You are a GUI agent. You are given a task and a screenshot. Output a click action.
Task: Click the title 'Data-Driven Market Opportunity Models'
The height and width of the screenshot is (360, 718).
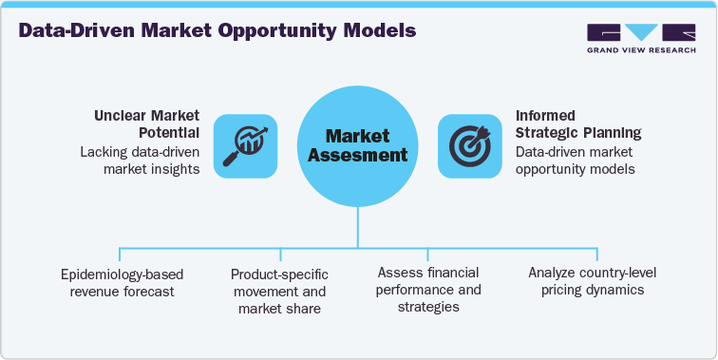pos(217,30)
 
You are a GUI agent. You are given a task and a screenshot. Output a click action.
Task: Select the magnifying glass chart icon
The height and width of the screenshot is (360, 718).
pos(238,144)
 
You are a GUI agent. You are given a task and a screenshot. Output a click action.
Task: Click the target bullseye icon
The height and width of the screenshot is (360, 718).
pos(469,144)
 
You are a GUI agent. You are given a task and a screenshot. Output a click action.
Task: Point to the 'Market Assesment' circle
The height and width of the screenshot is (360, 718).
pos(358,144)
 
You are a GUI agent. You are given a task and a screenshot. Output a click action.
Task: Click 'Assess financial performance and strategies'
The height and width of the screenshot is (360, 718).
pos(430,291)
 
